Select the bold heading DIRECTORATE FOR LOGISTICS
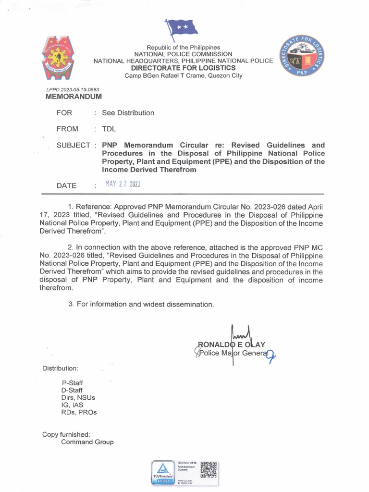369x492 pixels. [x=184, y=68]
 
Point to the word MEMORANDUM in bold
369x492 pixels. [x=74, y=97]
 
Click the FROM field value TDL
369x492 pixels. [x=109, y=129]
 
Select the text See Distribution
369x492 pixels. [x=128, y=113]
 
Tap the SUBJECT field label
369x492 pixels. [x=73, y=145]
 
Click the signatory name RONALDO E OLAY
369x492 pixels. [x=232, y=344]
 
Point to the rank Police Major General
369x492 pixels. [x=235, y=354]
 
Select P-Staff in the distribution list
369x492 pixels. [x=72, y=382]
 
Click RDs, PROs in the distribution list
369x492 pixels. [x=79, y=412]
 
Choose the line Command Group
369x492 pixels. [x=87, y=442]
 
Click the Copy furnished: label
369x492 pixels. [x=66, y=434]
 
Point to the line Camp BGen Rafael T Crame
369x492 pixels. [x=184, y=75]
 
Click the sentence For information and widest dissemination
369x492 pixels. [x=141, y=305]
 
